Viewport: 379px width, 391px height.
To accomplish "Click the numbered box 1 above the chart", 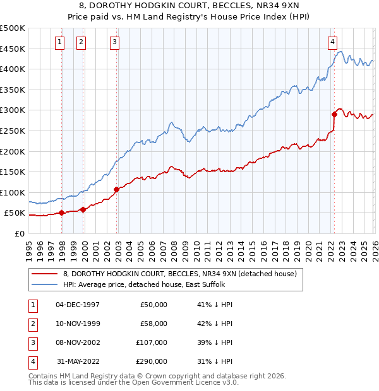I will [x=59, y=42].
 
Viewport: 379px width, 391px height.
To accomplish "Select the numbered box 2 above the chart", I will [x=81, y=42].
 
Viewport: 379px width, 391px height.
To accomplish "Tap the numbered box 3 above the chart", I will [x=114, y=42].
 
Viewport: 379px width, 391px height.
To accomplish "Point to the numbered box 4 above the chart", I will [x=332, y=42].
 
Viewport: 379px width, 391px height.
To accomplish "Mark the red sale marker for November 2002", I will [x=117, y=189].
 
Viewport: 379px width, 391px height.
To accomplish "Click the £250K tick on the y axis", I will [x=13, y=131].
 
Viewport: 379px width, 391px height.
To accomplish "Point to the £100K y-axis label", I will [x=13, y=192].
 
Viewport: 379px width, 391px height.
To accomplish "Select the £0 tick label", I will [x=19, y=233].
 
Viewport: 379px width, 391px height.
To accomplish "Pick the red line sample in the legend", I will [x=44, y=273].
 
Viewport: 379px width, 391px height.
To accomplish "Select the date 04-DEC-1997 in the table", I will [x=78, y=305].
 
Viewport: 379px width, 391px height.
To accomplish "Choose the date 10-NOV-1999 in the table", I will [x=78, y=324].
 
